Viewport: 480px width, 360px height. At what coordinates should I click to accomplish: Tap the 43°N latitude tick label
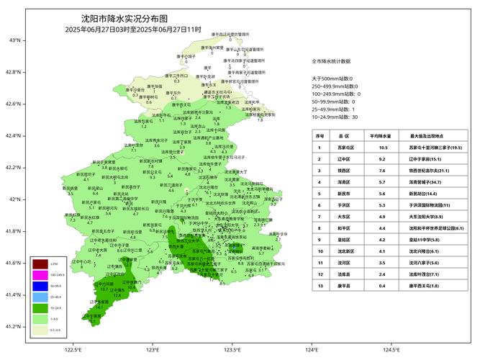[14, 40]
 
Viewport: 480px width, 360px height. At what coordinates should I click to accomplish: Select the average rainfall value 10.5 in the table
[384, 147]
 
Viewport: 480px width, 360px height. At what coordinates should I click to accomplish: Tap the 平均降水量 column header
[384, 135]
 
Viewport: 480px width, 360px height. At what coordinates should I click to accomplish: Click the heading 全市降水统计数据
[331, 62]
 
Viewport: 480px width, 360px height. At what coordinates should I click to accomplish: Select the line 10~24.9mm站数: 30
[335, 117]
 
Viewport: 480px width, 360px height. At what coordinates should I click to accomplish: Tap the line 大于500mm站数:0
[332, 78]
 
